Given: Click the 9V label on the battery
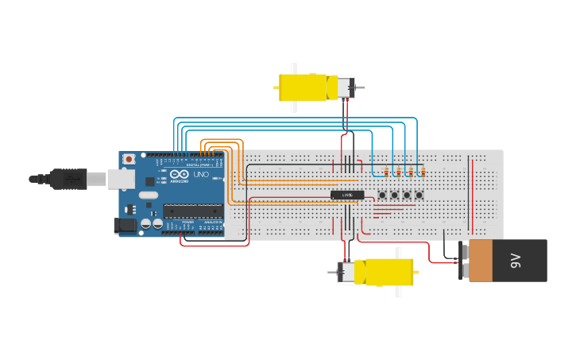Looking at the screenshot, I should point(515,260).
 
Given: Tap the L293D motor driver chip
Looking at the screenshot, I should point(347,195).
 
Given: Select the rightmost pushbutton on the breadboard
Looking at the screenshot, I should point(419,195).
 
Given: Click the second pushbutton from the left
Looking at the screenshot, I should point(394,195).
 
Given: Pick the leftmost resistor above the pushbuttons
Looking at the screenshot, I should point(386,172).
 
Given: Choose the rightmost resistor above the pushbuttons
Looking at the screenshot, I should point(423,172).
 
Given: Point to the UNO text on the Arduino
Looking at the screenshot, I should point(201,174).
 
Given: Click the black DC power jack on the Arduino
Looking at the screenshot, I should point(125,226).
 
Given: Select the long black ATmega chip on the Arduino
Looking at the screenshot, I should point(193,211).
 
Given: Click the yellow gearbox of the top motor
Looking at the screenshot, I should point(302,87).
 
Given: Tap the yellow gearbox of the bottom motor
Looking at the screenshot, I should point(389,273).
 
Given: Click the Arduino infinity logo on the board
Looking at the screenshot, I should point(180,174).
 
